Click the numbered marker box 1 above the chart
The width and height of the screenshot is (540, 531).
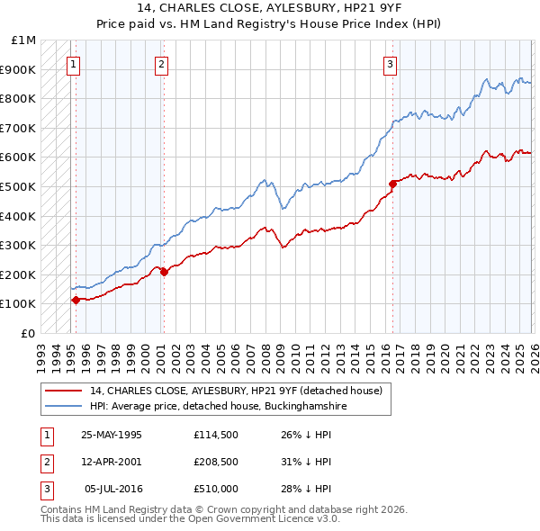[x=73, y=63]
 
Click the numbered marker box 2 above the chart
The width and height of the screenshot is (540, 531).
[x=160, y=63]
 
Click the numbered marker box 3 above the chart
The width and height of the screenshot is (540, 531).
[x=390, y=63]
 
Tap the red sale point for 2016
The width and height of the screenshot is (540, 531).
[x=392, y=184]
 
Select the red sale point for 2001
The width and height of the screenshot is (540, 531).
[x=164, y=272]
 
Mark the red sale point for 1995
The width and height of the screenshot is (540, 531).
[x=76, y=300]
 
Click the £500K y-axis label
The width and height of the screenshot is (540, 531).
[x=19, y=186]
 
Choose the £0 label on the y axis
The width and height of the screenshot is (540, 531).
[x=29, y=333]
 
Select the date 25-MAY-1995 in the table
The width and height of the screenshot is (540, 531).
[x=112, y=435]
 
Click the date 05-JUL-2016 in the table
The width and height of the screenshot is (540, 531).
[x=112, y=489]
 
